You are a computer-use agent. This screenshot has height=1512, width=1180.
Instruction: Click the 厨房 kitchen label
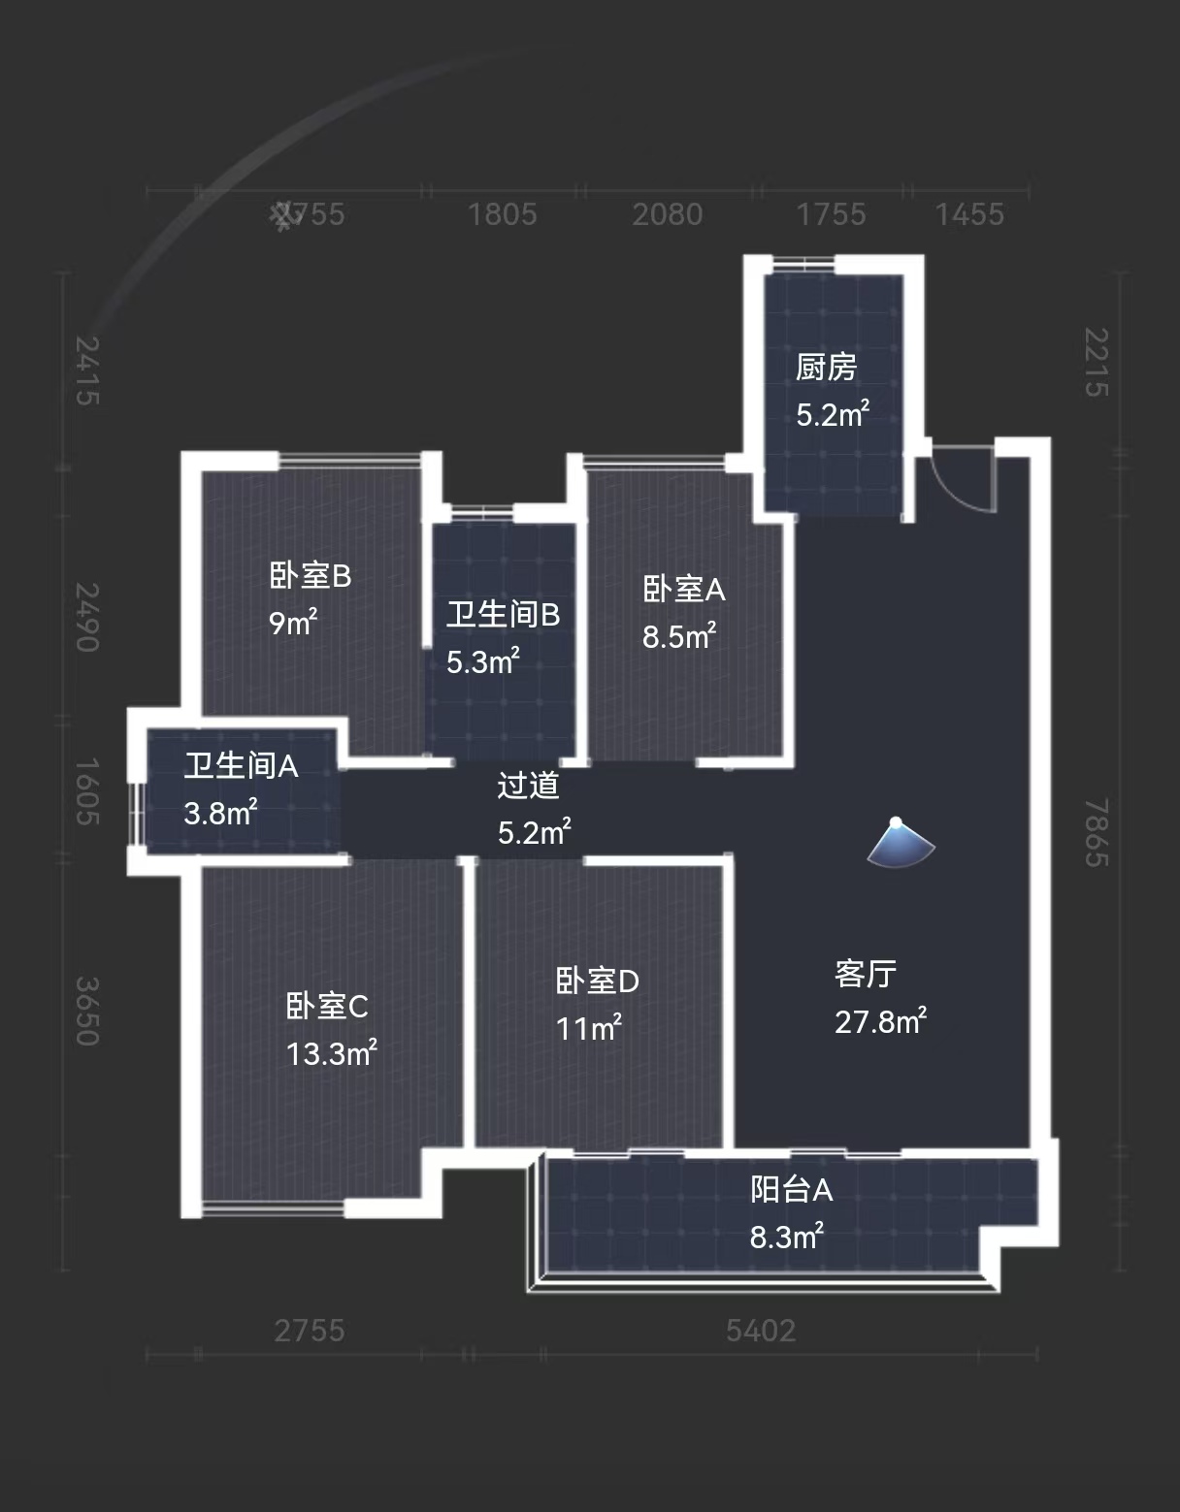(x=826, y=368)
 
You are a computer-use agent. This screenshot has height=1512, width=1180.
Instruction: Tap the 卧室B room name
(x=310, y=576)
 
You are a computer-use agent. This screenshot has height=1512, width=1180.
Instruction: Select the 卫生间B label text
(x=503, y=614)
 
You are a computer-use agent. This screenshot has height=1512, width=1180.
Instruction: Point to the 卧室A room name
(x=683, y=589)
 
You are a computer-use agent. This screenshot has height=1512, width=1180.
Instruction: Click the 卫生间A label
(x=241, y=766)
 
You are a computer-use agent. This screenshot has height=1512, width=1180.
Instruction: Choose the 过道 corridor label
(x=528, y=785)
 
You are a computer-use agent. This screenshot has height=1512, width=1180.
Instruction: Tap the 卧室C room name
(x=327, y=1006)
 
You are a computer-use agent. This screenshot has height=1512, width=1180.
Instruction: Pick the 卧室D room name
(x=597, y=981)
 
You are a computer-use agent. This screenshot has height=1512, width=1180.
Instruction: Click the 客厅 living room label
(x=865, y=974)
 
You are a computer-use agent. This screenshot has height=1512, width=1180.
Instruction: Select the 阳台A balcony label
(x=791, y=1189)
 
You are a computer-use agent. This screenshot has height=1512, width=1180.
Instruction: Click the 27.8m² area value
(x=880, y=1021)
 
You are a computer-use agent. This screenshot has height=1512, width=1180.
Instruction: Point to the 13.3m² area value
(x=331, y=1053)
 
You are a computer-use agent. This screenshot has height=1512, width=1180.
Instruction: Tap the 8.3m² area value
(x=786, y=1237)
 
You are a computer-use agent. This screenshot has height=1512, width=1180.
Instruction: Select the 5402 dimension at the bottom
(x=761, y=1330)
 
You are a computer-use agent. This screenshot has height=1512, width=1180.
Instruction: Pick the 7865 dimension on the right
(x=1097, y=832)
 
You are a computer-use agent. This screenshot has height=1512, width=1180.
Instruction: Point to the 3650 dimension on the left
(x=87, y=1011)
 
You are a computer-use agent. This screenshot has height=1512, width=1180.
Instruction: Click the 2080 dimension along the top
(x=667, y=214)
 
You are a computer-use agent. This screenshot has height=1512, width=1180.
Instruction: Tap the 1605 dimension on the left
(x=87, y=791)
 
